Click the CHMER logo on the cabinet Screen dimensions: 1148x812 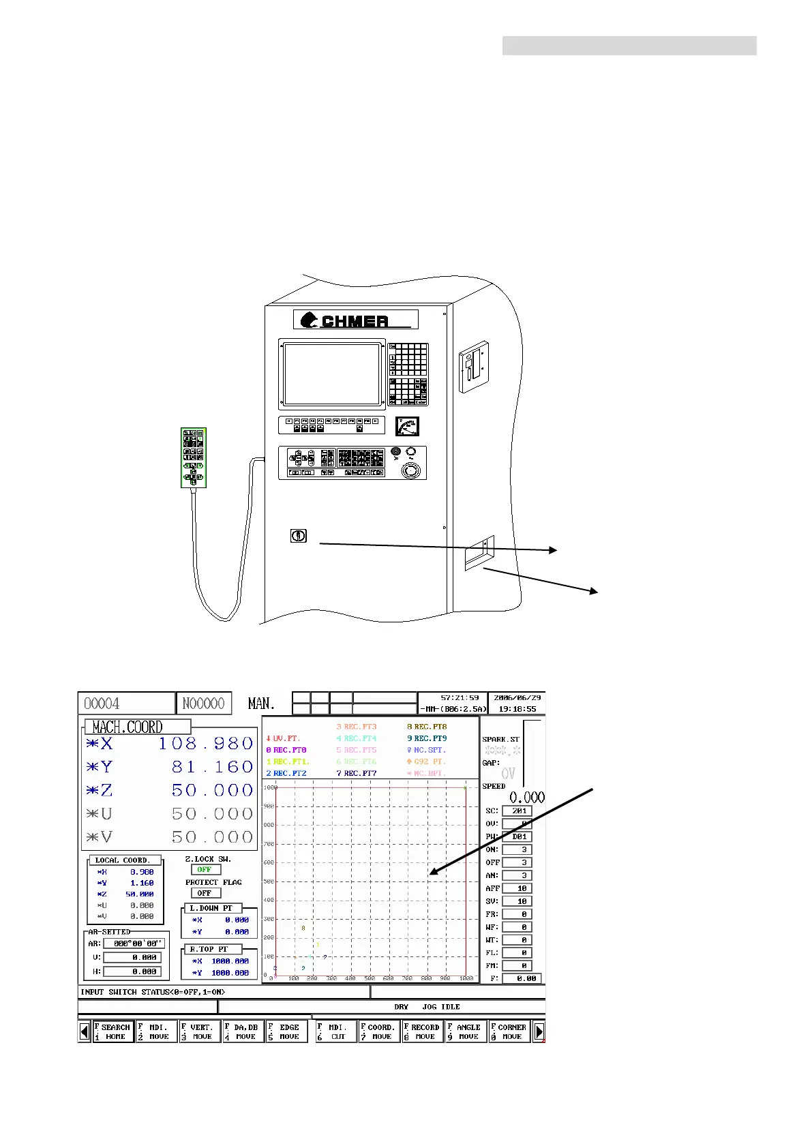(355, 320)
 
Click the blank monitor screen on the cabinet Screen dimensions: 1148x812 (332, 374)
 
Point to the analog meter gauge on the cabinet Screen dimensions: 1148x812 (407, 427)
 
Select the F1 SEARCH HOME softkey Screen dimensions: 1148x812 (112, 1031)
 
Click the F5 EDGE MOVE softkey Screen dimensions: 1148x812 (287, 1031)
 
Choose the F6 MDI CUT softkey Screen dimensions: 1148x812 (335, 1031)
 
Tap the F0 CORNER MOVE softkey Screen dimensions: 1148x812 (509, 1031)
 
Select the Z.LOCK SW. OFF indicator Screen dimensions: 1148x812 (205, 870)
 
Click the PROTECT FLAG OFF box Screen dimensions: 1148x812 (205, 893)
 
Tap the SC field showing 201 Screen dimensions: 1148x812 (517, 811)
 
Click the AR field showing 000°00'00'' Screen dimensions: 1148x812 (134, 944)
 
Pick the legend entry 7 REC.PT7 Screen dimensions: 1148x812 (357, 773)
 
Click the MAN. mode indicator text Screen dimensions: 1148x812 (261, 704)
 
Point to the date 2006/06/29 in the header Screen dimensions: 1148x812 (517, 698)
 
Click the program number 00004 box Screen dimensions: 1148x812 (126, 704)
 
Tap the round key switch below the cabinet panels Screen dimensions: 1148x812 (298, 536)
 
